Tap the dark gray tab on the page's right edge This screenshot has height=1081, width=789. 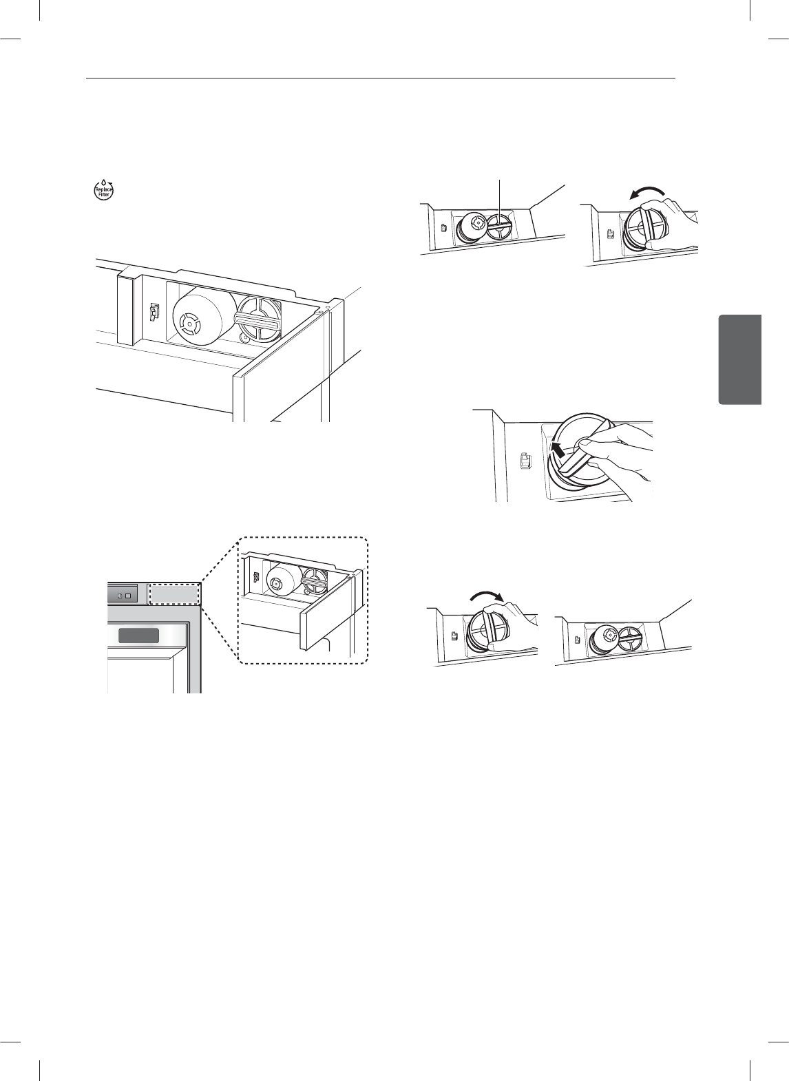(740, 359)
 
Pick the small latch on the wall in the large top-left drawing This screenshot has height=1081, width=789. (153, 313)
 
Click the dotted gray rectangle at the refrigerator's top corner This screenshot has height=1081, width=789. (174, 594)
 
